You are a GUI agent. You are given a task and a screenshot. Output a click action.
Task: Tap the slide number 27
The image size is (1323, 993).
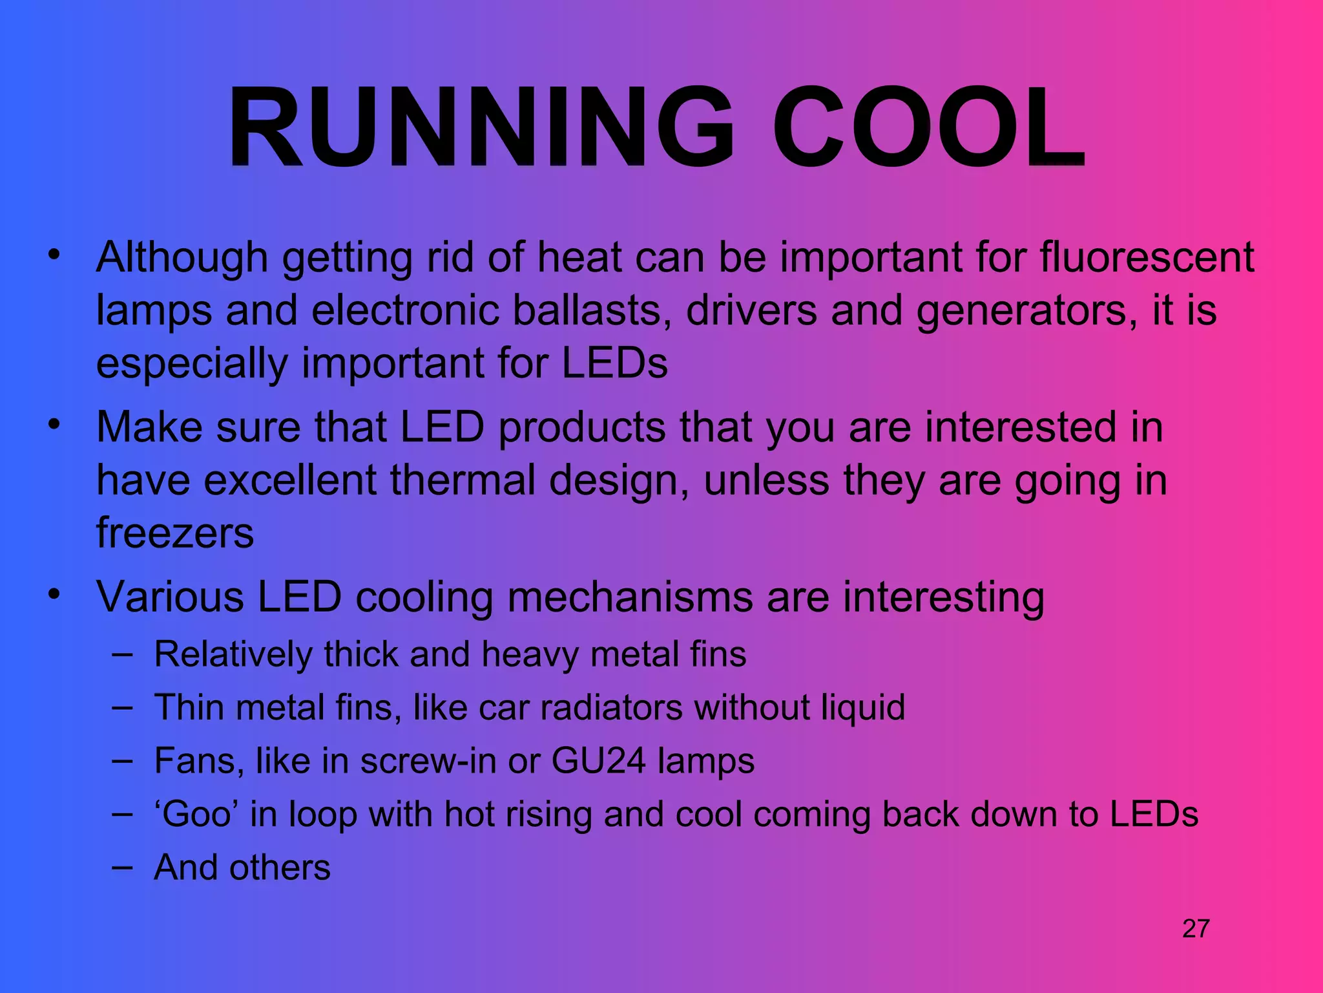[1196, 929]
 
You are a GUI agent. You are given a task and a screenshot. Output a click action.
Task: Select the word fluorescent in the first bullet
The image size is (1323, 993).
[1147, 257]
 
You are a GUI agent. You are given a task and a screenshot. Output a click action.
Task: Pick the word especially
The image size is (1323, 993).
[192, 365]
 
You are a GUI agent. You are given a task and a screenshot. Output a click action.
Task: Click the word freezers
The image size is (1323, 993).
[175, 533]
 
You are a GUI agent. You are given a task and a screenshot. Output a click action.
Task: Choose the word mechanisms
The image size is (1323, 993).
[630, 597]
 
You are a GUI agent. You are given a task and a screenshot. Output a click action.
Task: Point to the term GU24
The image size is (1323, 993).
[598, 760]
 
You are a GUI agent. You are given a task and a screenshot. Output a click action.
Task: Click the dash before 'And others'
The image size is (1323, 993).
[122, 867]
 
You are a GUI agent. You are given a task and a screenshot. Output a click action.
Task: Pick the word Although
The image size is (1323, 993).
[182, 257]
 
